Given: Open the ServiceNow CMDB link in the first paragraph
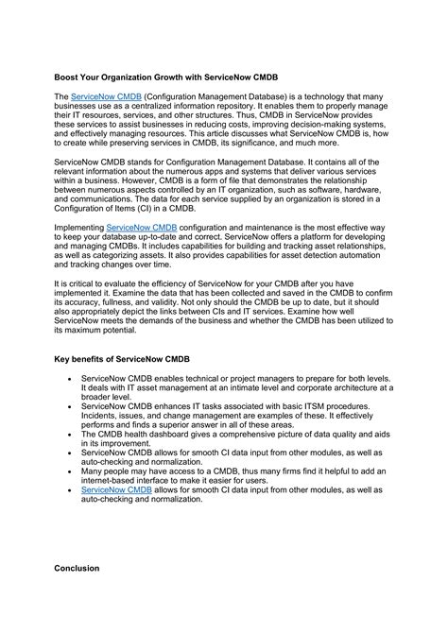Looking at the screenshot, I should [x=104, y=97].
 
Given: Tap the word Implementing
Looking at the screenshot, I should [x=78, y=229].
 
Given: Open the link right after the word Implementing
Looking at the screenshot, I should [x=142, y=229].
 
